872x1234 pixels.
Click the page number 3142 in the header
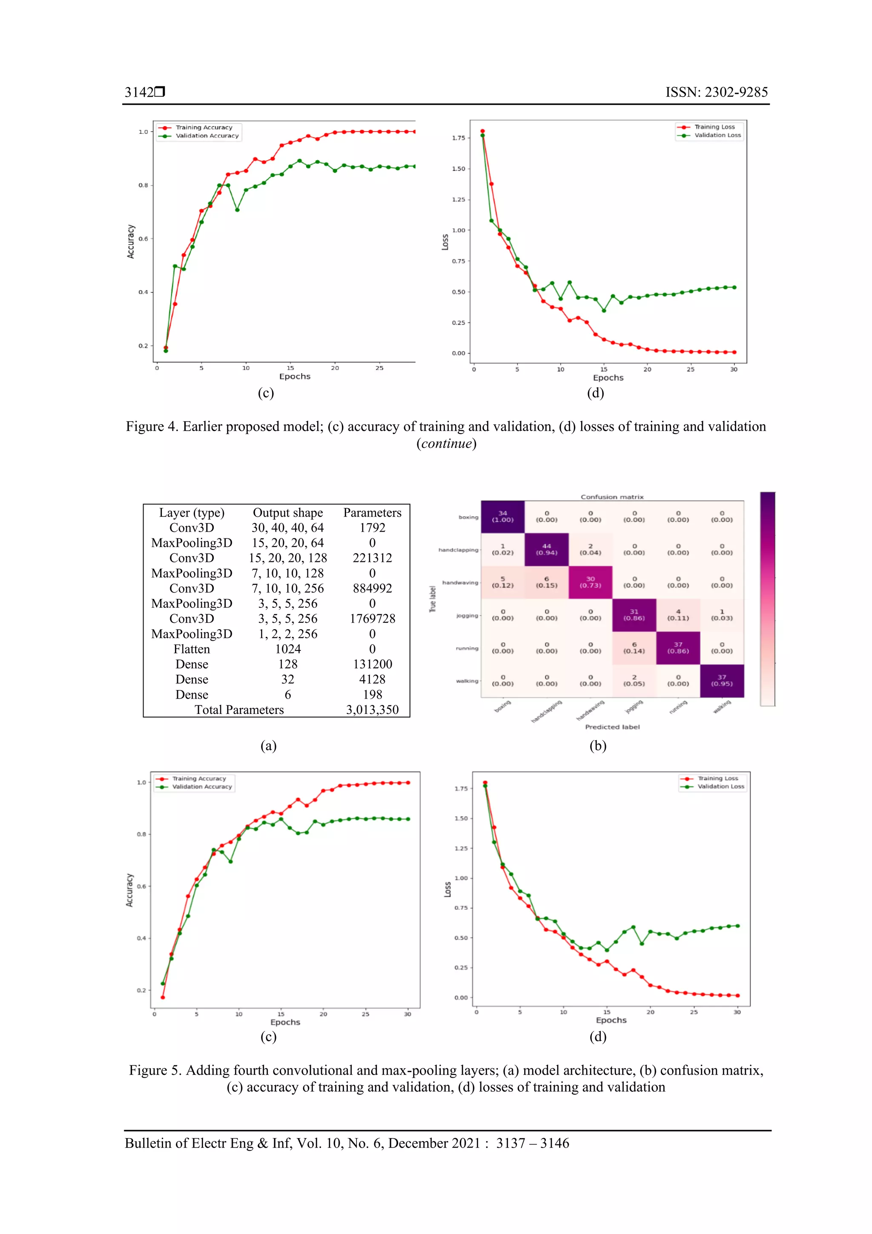coord(139,92)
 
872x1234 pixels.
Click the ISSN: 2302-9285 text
coord(716,92)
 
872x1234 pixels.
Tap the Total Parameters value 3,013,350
coord(372,710)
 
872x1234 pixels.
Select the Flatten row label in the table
coord(191,649)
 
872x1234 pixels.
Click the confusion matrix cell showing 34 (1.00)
coord(502,517)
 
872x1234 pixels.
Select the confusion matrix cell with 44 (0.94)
coord(546,549)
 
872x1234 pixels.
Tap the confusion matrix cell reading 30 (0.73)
coord(590,582)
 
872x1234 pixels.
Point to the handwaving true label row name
coord(459,583)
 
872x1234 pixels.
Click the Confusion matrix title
coord(611,497)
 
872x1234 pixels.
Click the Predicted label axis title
coord(612,727)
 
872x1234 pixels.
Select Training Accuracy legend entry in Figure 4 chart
coord(204,127)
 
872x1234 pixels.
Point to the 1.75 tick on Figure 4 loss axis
coord(458,138)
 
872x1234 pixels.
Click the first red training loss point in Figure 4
coord(482,131)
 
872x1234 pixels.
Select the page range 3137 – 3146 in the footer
coord(532,1143)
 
